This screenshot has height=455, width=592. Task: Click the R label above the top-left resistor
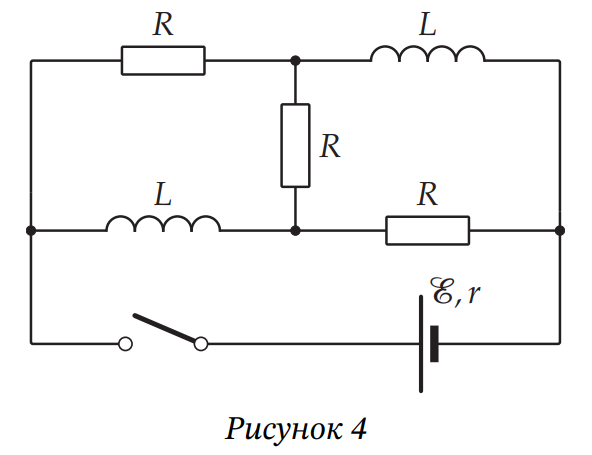point(163,25)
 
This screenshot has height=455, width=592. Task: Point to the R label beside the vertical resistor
point(330,146)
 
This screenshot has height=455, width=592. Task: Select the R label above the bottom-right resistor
point(427,194)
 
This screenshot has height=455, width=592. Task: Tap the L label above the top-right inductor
point(428,25)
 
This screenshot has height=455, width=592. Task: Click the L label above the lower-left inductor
point(163,194)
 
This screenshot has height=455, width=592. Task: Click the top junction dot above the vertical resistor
point(295,60)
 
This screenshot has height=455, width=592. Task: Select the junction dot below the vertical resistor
point(295,230)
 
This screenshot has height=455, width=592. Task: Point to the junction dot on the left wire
point(31,230)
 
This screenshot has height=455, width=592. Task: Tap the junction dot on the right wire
point(560,230)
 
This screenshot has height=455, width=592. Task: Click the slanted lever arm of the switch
point(165,327)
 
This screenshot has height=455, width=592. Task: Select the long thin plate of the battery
point(421,344)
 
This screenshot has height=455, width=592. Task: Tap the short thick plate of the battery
point(435,344)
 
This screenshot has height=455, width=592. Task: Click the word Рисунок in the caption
point(284,429)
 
